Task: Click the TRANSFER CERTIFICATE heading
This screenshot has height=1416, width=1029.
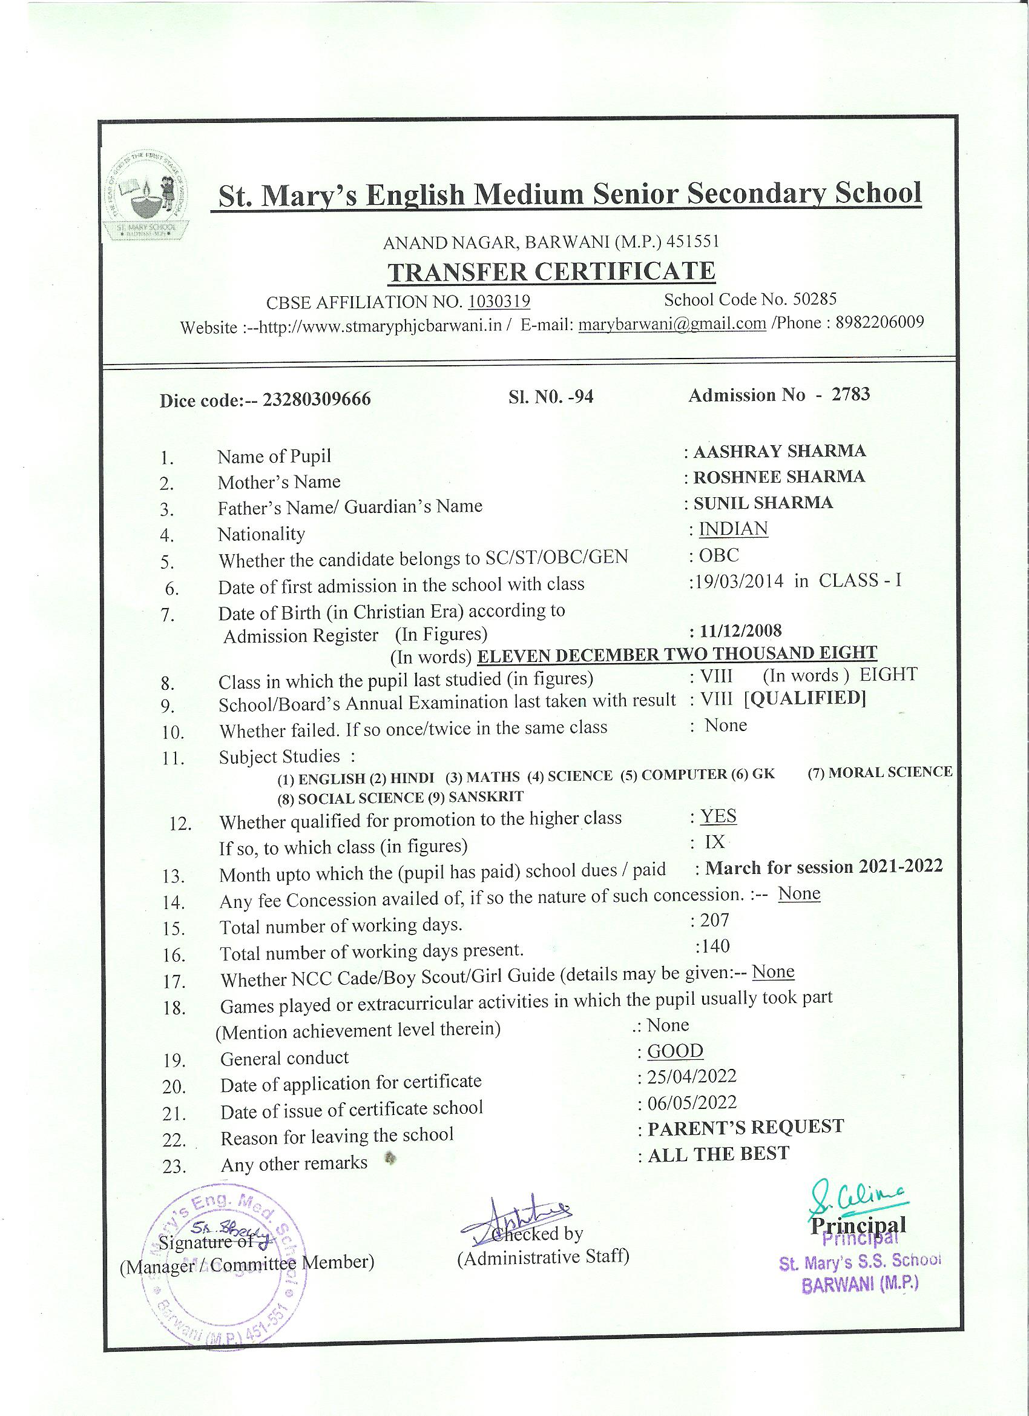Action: tap(551, 271)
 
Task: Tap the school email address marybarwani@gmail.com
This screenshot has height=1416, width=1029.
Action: tap(672, 323)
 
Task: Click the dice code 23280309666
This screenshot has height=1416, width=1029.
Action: tap(317, 399)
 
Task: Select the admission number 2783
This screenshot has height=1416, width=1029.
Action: tap(850, 394)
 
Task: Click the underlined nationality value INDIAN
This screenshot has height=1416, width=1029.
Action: tap(733, 529)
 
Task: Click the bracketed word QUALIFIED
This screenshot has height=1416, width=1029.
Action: tap(805, 698)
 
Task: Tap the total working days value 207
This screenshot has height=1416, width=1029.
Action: tap(714, 919)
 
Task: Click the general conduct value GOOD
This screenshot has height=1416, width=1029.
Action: tap(674, 1051)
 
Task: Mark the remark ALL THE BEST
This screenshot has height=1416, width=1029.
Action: tap(718, 1154)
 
